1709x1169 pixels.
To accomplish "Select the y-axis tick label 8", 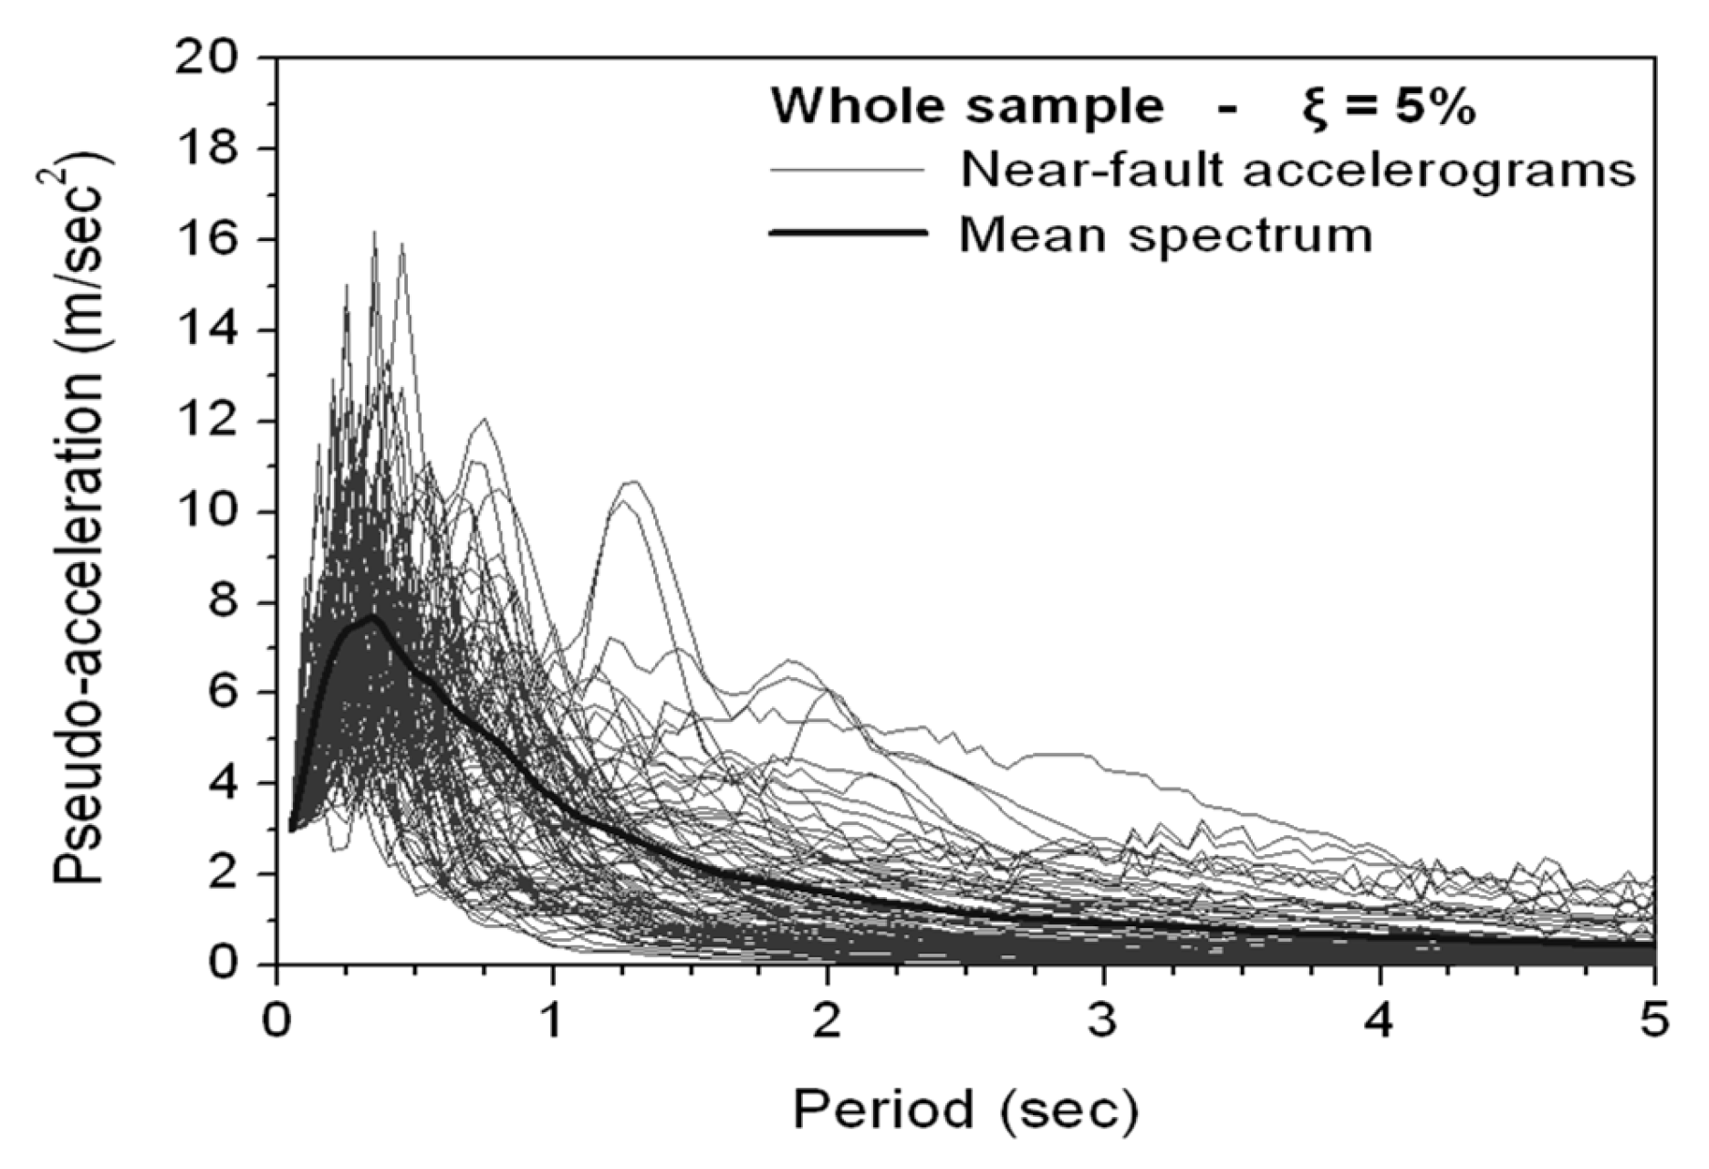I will tap(229, 602).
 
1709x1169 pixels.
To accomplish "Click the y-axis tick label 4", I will tap(229, 784).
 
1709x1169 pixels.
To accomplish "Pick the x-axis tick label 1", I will tap(551, 1020).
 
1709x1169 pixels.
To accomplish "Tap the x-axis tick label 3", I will tap(1103, 1020).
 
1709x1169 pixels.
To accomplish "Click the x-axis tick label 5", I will tap(1653, 1020).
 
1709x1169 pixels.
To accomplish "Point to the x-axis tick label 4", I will tap(1380, 1020).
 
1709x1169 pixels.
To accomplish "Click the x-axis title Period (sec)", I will tap(965, 1110).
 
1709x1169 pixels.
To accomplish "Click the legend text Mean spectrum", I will tap(1165, 235).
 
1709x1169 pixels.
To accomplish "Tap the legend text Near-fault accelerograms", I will tap(1297, 169).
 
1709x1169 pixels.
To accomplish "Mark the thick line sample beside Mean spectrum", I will tap(848, 233).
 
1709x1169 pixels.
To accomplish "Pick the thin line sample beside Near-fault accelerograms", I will tap(848, 170).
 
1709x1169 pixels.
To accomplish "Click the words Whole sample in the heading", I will tap(967, 106).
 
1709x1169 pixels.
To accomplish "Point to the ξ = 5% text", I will tap(1387, 106).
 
